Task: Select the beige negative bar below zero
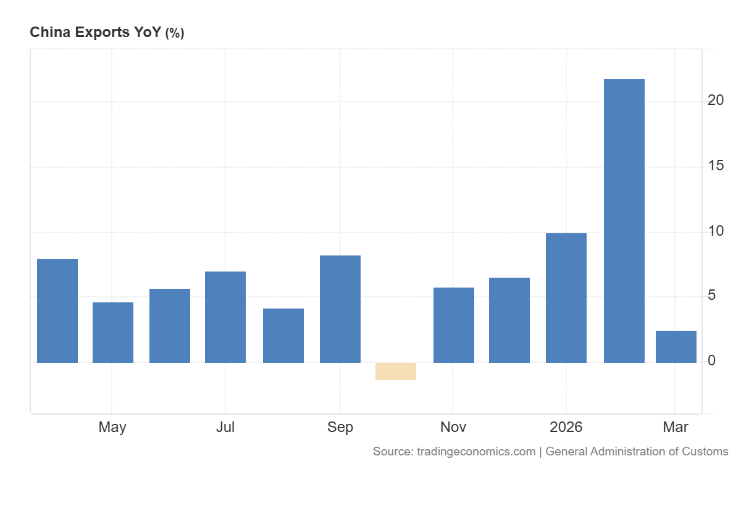[x=396, y=371]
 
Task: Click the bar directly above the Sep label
[x=340, y=309]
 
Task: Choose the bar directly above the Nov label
[x=454, y=325]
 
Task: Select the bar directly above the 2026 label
[x=566, y=297]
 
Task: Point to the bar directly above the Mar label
[x=676, y=346]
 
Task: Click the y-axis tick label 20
[x=716, y=101]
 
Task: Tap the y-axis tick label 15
[x=716, y=166]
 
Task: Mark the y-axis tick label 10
[x=716, y=231]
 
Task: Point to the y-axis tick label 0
[x=712, y=360]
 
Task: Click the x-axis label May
[x=112, y=427]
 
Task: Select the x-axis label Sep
[x=340, y=427]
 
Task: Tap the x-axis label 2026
[x=566, y=427]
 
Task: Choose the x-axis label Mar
[x=676, y=427]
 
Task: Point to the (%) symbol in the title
[x=174, y=33]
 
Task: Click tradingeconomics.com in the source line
[x=476, y=451]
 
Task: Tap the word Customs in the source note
[x=705, y=451]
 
